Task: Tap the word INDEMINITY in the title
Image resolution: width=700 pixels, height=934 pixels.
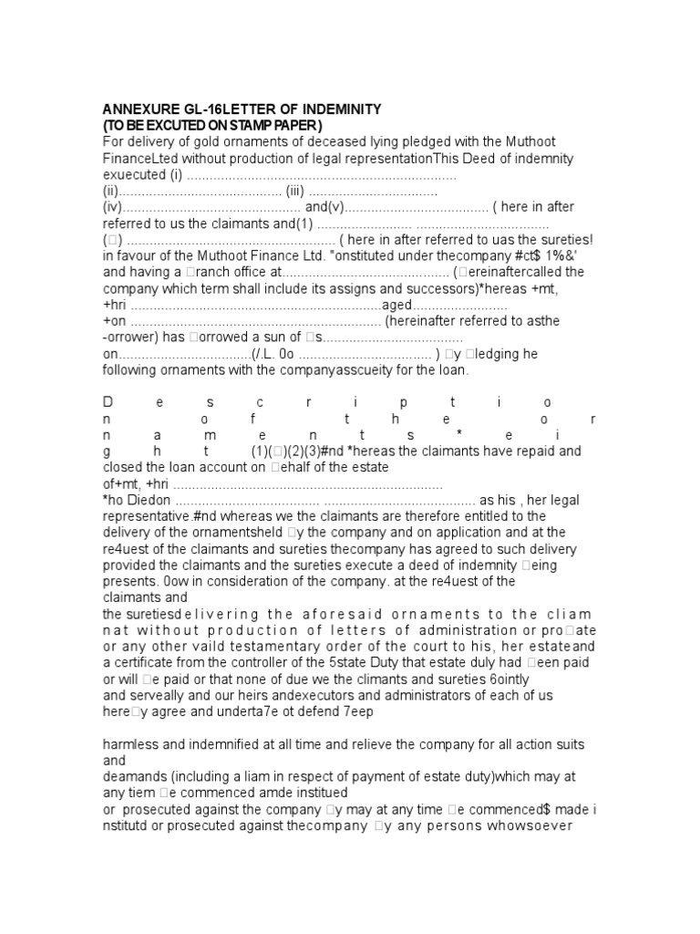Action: pos(341,109)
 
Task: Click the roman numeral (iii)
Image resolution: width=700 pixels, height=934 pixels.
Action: pos(294,192)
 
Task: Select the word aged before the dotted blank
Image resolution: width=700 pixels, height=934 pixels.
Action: pos(396,306)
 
